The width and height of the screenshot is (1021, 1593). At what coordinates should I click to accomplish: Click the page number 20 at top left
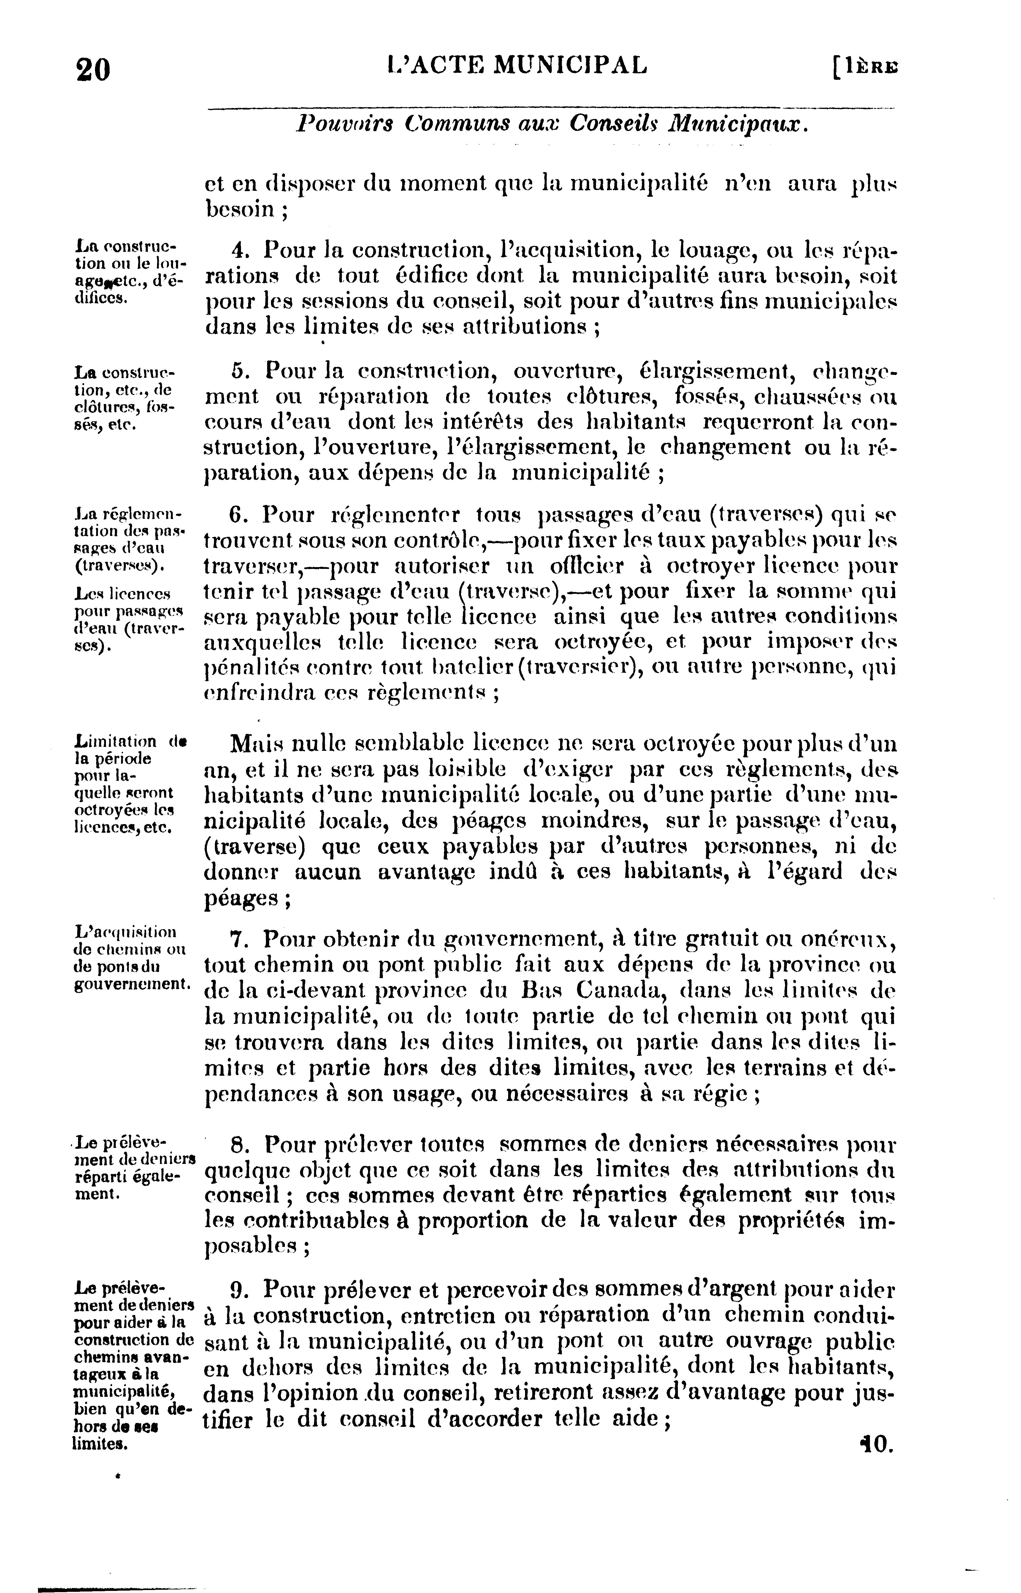click(x=93, y=69)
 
